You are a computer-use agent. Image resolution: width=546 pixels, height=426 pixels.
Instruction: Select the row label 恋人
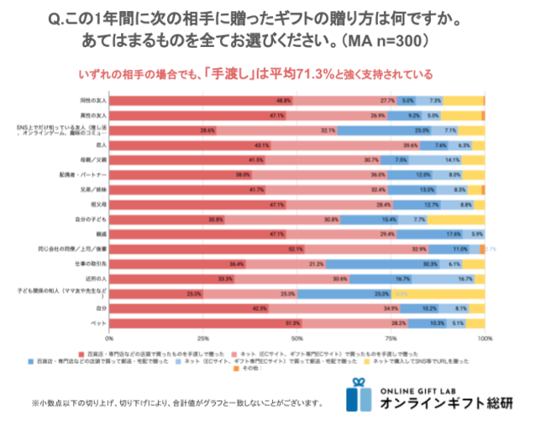coord(99,145)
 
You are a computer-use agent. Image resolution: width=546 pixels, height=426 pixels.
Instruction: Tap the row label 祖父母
coord(97,203)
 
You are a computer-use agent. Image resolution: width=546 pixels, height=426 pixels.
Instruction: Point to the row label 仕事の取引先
coord(92,263)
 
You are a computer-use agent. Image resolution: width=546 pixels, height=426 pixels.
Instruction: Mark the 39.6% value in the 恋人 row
coord(411,145)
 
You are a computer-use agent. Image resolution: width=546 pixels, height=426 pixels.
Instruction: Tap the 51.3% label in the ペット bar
coord(292,322)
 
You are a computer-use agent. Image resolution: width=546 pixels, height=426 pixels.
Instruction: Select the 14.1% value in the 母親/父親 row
coord(452,160)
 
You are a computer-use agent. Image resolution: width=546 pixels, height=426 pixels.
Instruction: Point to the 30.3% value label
coord(431,263)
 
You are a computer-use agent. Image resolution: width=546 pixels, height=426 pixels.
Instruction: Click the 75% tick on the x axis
coord(391,338)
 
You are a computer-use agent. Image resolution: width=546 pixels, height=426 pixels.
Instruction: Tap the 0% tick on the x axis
coord(110,338)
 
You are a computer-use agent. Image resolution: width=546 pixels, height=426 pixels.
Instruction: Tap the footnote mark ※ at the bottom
coord(34,402)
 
